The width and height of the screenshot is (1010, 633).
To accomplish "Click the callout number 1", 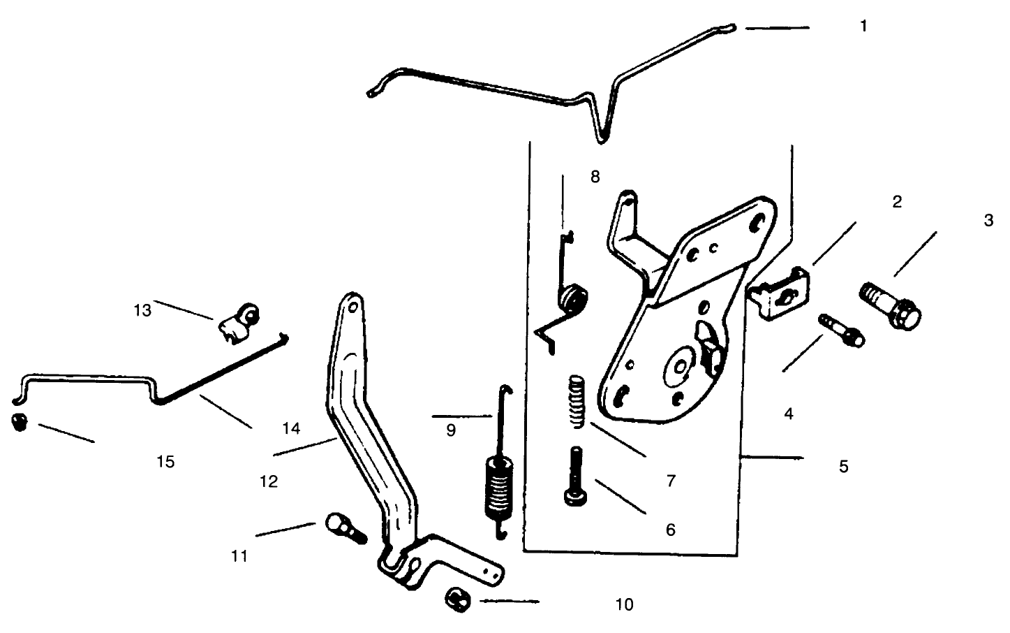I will point(863,27).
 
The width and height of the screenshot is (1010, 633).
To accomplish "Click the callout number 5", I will point(843,466).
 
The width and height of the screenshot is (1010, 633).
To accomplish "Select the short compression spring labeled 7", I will point(575,401).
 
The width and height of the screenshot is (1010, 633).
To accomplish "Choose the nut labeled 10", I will point(456,600).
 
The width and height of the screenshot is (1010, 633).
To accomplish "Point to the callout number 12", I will point(269,481).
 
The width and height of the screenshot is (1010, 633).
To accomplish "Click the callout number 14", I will point(292,428).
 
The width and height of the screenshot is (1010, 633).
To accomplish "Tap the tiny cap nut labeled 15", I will point(20,423).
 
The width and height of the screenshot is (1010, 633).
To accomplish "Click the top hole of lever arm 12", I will point(352,306).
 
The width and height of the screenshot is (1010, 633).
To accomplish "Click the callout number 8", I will point(595,177).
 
